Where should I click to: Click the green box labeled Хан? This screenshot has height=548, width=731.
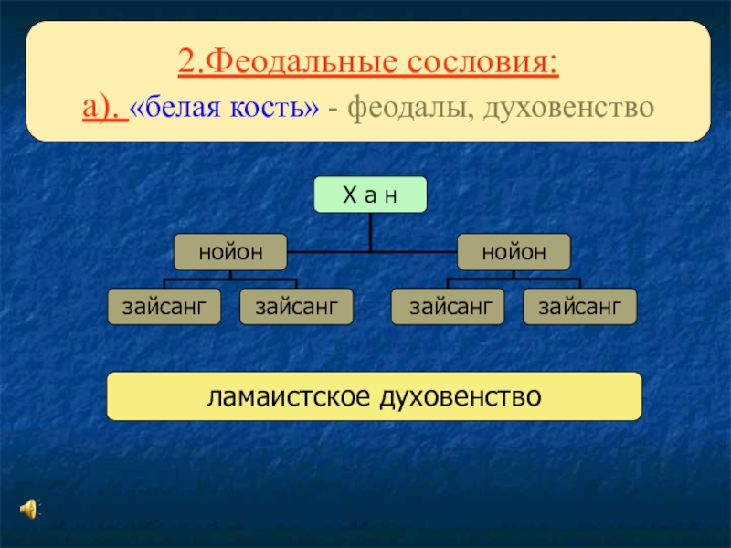(370, 195)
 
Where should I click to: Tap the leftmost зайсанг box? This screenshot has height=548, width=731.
(164, 307)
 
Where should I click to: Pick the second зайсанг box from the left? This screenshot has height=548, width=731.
(296, 307)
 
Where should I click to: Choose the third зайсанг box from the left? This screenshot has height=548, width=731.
(447, 307)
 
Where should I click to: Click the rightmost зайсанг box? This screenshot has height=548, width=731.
(579, 307)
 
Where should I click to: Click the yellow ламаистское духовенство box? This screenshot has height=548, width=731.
(375, 396)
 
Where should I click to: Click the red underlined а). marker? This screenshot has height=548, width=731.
(102, 109)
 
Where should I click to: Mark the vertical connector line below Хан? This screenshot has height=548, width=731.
(370, 232)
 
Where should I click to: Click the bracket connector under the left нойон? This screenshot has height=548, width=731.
(230, 279)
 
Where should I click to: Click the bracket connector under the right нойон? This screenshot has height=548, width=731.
(513, 279)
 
